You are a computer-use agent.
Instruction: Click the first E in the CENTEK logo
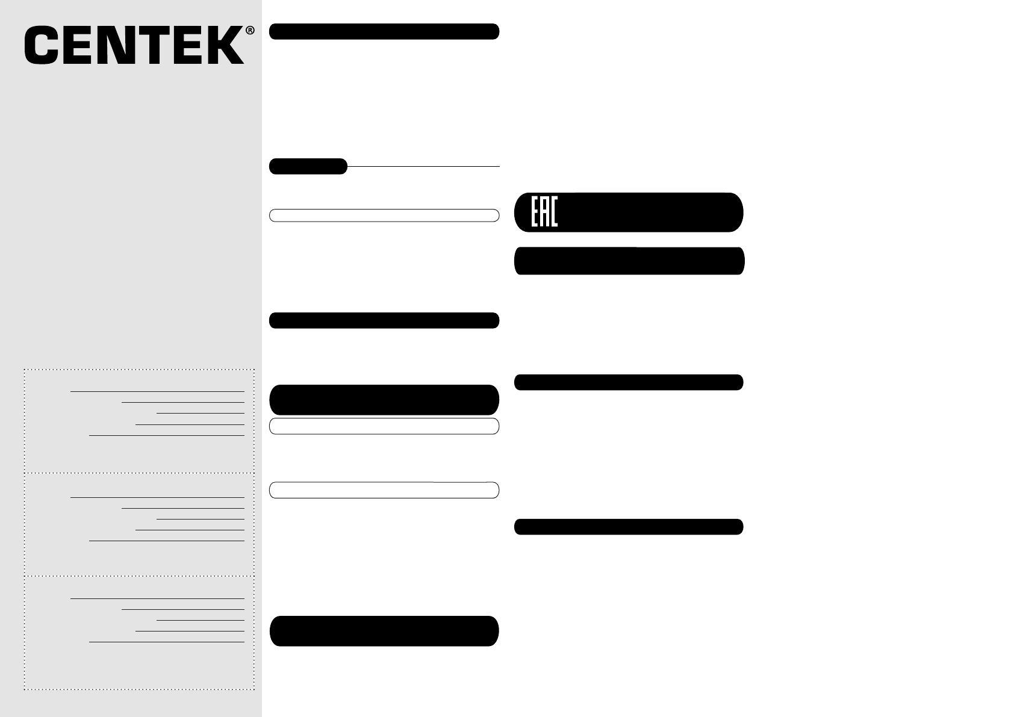pos(78,45)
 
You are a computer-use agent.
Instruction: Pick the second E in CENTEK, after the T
pos(188,45)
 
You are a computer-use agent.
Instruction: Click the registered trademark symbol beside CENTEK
pos(250,31)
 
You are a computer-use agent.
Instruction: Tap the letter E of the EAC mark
pos(535,212)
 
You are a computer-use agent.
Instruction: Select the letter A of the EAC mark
pos(545,212)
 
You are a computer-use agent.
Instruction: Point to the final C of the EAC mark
pos(555,212)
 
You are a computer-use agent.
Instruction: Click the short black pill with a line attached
pos(308,166)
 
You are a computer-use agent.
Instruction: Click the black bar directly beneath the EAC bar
pos(629,261)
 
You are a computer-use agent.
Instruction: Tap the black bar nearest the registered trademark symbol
pos(384,31)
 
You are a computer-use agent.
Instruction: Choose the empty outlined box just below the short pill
pos(384,216)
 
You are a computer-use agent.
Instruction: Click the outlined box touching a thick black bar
pos(384,426)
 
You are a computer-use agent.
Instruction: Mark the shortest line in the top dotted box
pos(201,414)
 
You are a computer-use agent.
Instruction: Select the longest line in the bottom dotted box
pos(157,598)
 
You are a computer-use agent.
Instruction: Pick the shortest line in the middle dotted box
pos(201,519)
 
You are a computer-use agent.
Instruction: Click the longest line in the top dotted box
pos(157,391)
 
